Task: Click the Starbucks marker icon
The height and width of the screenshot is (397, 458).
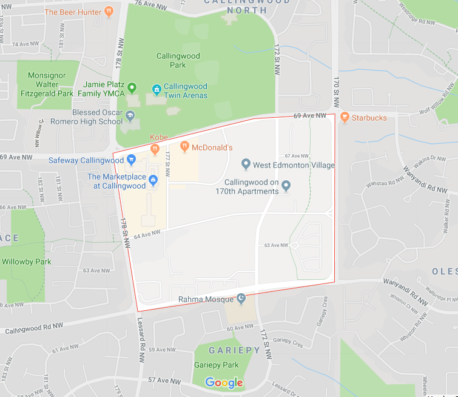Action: point(345,117)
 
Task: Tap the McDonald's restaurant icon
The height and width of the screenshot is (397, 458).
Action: point(184,147)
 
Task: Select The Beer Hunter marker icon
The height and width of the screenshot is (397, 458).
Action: point(109,11)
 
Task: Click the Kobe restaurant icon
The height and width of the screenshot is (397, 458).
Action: point(155,148)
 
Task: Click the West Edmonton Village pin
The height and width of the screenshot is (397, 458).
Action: point(246,164)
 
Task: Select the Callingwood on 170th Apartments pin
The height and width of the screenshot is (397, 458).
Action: point(286,186)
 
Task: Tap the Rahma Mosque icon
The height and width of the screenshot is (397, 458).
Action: point(241,299)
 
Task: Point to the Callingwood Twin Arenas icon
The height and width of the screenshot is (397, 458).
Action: point(157,90)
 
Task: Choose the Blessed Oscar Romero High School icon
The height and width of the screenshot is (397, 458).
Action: point(131,115)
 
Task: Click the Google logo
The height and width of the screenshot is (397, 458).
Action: point(224,382)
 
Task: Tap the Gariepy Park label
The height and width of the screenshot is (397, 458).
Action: point(216,365)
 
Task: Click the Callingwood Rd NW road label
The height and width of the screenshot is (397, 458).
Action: point(35,330)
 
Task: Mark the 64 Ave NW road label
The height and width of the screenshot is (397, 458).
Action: point(147,232)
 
